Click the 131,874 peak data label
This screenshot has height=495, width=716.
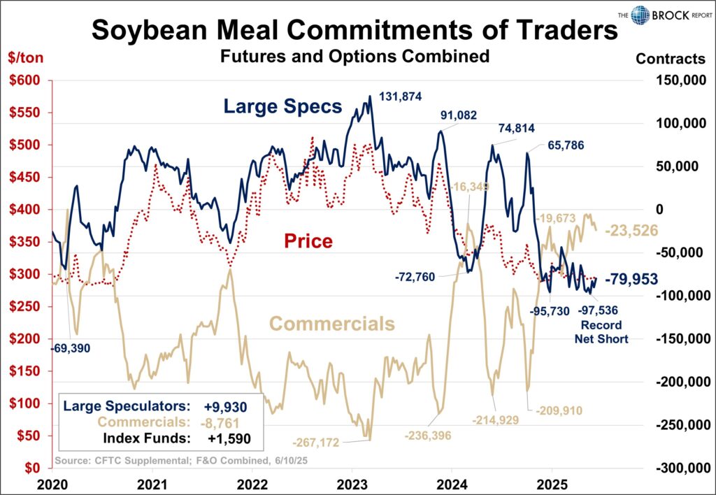click(400, 96)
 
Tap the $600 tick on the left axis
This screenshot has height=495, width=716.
click(24, 80)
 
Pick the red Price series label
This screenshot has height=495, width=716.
click(308, 241)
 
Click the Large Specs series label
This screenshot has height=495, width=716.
click(282, 107)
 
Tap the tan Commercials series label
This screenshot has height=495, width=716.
click(332, 324)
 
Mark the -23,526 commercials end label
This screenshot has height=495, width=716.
click(631, 229)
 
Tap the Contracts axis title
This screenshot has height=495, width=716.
click(670, 58)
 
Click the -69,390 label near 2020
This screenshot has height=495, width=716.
click(71, 346)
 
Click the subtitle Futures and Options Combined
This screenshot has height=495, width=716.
click(355, 57)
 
